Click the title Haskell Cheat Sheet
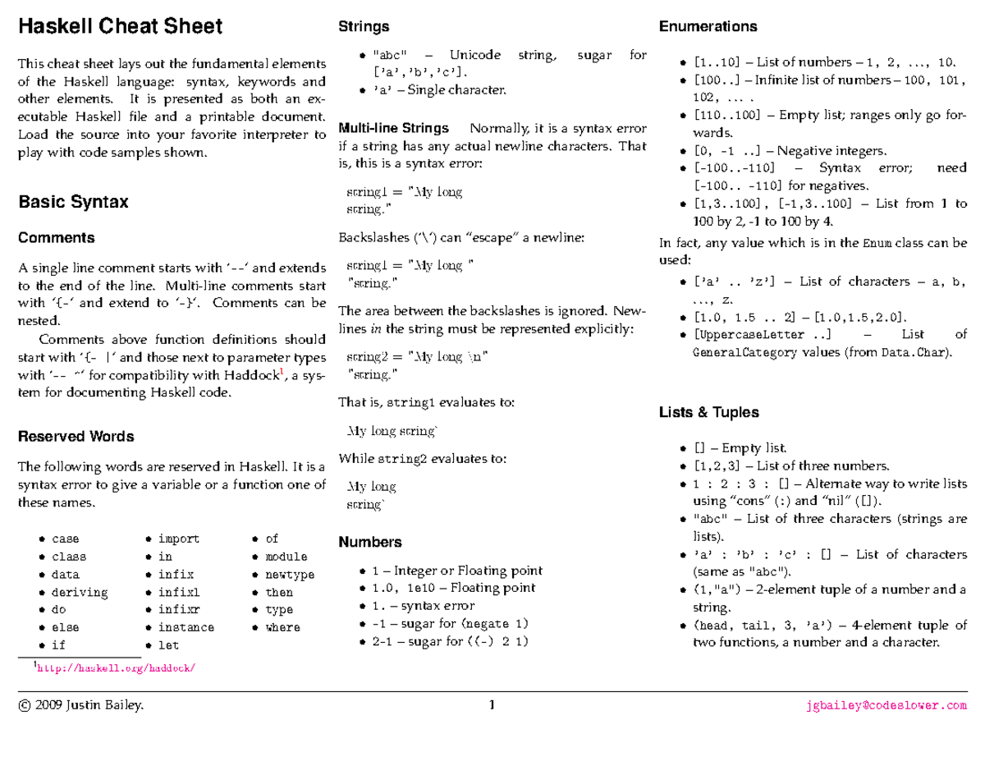coord(120,27)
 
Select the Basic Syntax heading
coord(73,202)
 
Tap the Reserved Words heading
coord(76,437)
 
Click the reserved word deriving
coord(80,592)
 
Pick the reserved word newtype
coord(290,575)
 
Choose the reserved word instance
coord(186,627)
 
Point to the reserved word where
coord(282,627)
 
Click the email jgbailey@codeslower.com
coord(887,704)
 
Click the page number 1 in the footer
coord(492,704)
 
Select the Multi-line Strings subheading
coord(394,128)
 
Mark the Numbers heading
coord(370,542)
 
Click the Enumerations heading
coord(708,27)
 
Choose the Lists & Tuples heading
coord(709,412)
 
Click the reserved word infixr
coord(179,610)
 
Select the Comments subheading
coord(57,238)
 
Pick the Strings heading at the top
coord(364,27)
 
